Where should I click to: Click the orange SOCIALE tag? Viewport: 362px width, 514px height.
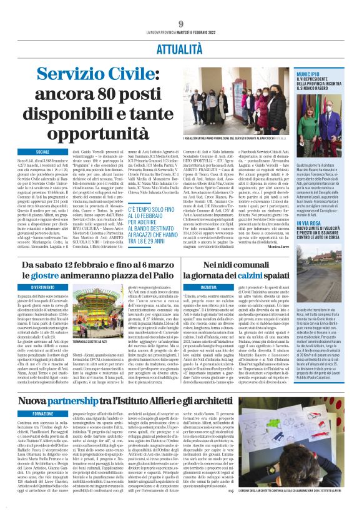click(42, 152)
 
